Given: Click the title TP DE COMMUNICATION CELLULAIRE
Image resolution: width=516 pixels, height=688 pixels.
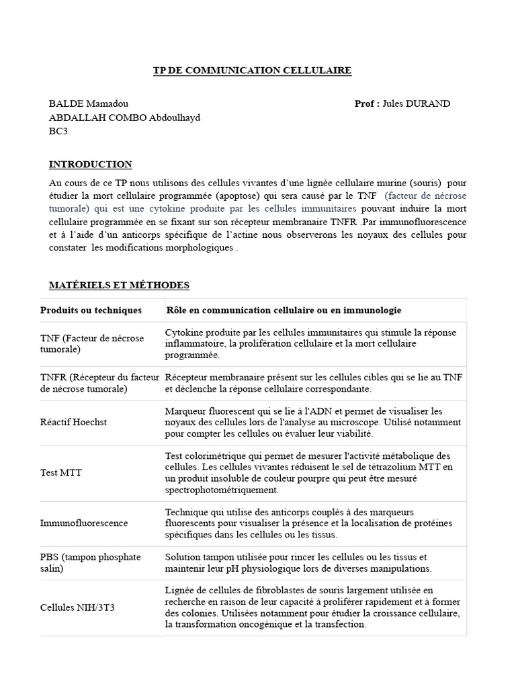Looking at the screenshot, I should pos(249,71).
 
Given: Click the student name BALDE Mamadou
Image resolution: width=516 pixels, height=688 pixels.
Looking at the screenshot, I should pos(89,103).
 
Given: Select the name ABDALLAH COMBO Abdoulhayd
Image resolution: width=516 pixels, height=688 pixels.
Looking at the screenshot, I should pos(124,118).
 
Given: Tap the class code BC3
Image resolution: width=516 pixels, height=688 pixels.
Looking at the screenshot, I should pos(58,131).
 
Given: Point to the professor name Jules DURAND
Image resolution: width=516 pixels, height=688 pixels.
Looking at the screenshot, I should pos(416,103).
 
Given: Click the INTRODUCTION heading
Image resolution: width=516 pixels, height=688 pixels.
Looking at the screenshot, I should pos(90,165).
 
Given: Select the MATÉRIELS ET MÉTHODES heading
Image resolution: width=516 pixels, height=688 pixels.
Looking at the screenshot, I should pos(119,286).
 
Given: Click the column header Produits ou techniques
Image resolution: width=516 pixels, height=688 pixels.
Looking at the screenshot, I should pos(91,310).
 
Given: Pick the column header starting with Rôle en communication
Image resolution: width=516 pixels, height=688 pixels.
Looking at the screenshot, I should pos(284,310).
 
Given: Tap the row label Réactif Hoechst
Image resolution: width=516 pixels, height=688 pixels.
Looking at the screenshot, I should pos(73,422).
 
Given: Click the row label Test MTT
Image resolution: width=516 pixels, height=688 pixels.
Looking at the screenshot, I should pos(60,472).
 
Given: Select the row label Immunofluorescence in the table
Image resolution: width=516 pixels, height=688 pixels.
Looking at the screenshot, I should pos(84,523).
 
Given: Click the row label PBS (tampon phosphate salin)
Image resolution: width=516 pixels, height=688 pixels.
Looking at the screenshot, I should pos(90,562).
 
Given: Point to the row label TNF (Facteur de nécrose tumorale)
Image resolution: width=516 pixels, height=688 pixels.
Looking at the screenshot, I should pos(92,343).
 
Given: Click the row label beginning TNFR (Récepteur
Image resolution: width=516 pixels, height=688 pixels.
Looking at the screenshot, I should pos(100,383).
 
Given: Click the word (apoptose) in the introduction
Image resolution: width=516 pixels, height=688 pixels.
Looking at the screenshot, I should pos(249,196).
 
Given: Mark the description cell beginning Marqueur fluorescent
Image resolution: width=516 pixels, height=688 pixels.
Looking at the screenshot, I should pos(312,422).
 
